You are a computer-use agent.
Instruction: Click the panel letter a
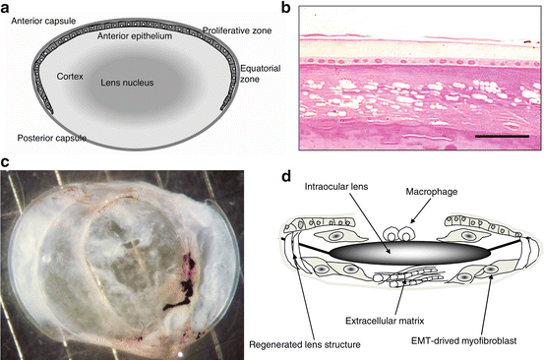coord(7,8)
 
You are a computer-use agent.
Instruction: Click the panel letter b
coord(284,9)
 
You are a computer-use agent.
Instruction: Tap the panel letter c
coord(7,162)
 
